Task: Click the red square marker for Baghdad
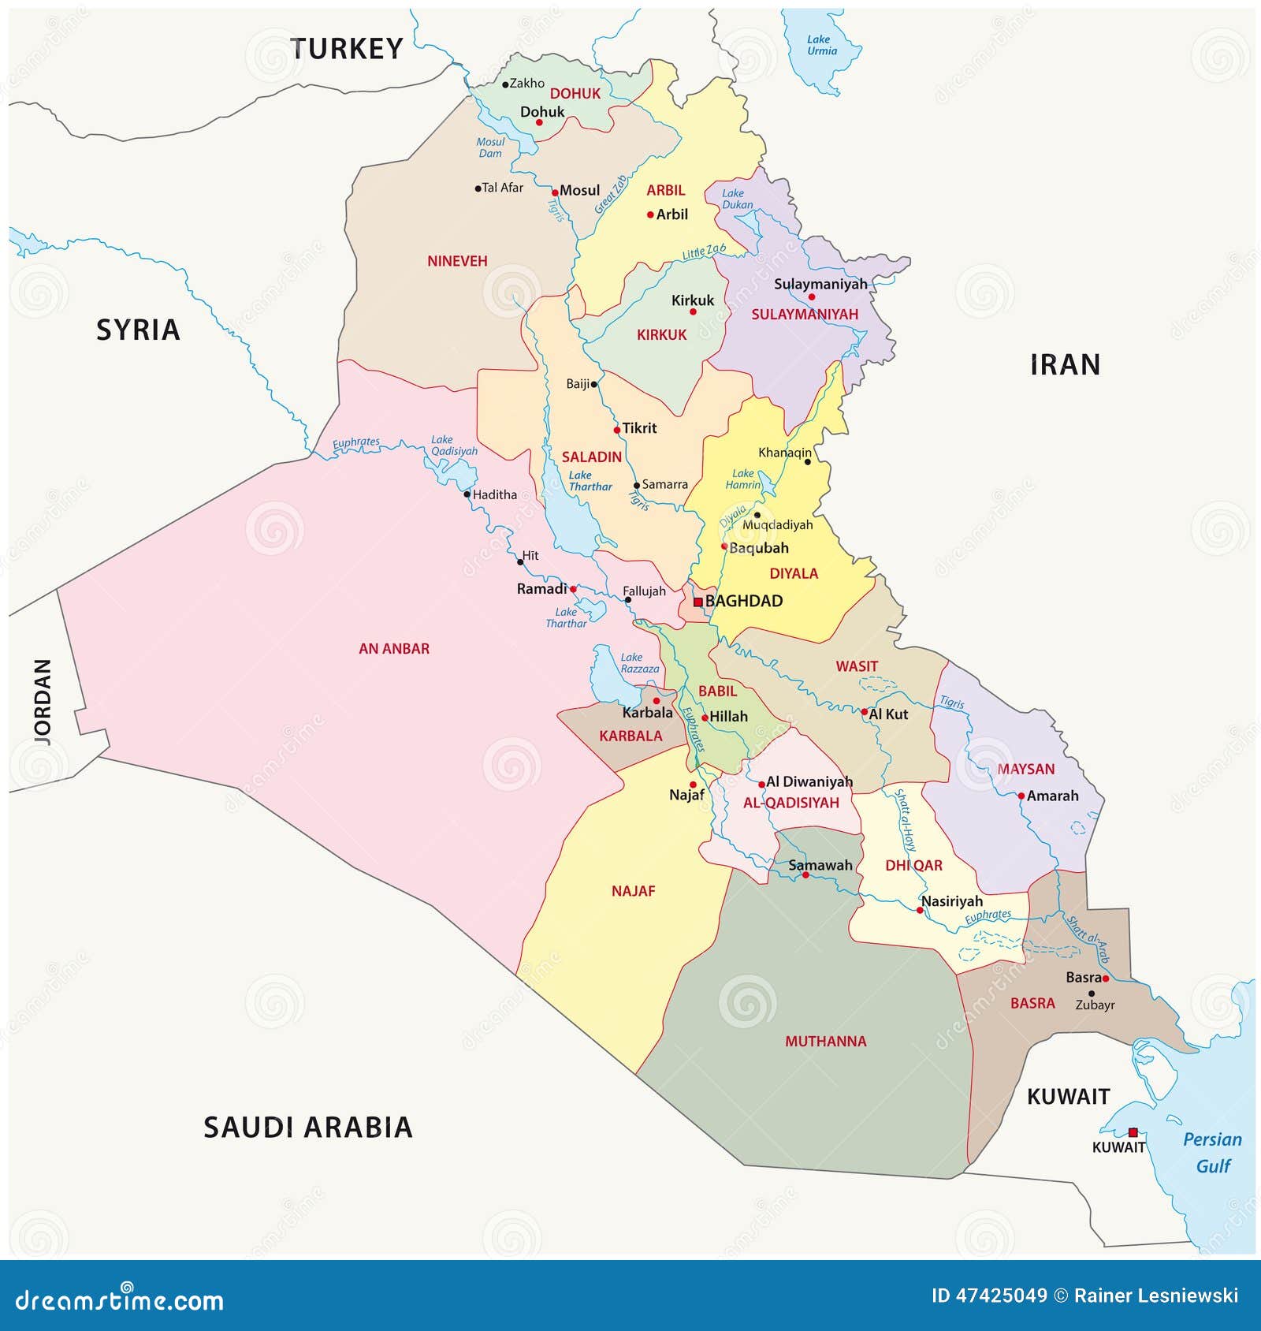[x=697, y=602]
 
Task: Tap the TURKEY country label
[x=347, y=49]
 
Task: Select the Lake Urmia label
[x=821, y=45]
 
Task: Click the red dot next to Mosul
[x=555, y=192]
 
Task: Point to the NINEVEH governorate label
[x=457, y=261]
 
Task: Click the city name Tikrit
[x=639, y=428]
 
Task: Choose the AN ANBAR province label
[x=394, y=649]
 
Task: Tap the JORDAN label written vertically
[x=43, y=702]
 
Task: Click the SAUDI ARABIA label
[x=308, y=1128]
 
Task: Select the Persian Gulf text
[x=1212, y=1152]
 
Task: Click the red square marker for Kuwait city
[x=1133, y=1132]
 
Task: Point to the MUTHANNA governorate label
[x=825, y=1042]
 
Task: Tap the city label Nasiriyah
[x=952, y=901]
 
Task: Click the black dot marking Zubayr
[x=1092, y=994]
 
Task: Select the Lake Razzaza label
[x=639, y=663]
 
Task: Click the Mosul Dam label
[x=490, y=147]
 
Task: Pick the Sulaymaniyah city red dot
[x=812, y=297]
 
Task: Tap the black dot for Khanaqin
[x=807, y=461]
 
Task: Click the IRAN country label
[x=1065, y=365]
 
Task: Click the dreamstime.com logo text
[x=120, y=1299]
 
